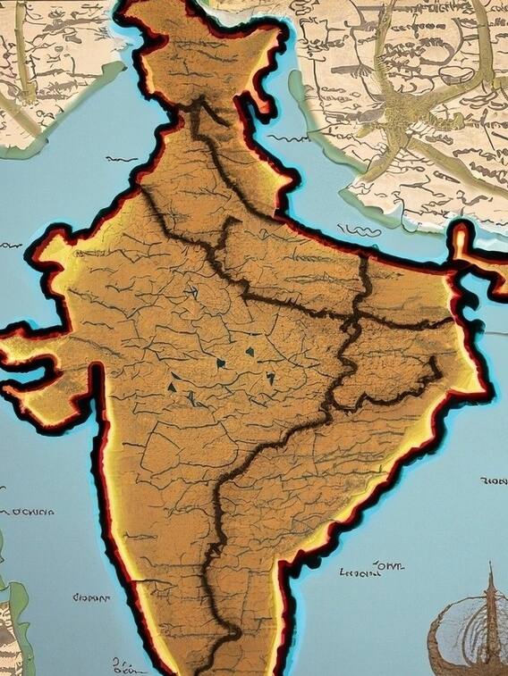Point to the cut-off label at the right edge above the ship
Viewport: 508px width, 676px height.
pyautogui.click(x=493, y=481)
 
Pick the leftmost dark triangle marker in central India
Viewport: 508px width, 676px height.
pyautogui.click(x=170, y=386)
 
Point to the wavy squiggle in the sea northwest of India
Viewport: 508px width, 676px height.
pyautogui.click(x=122, y=158)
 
